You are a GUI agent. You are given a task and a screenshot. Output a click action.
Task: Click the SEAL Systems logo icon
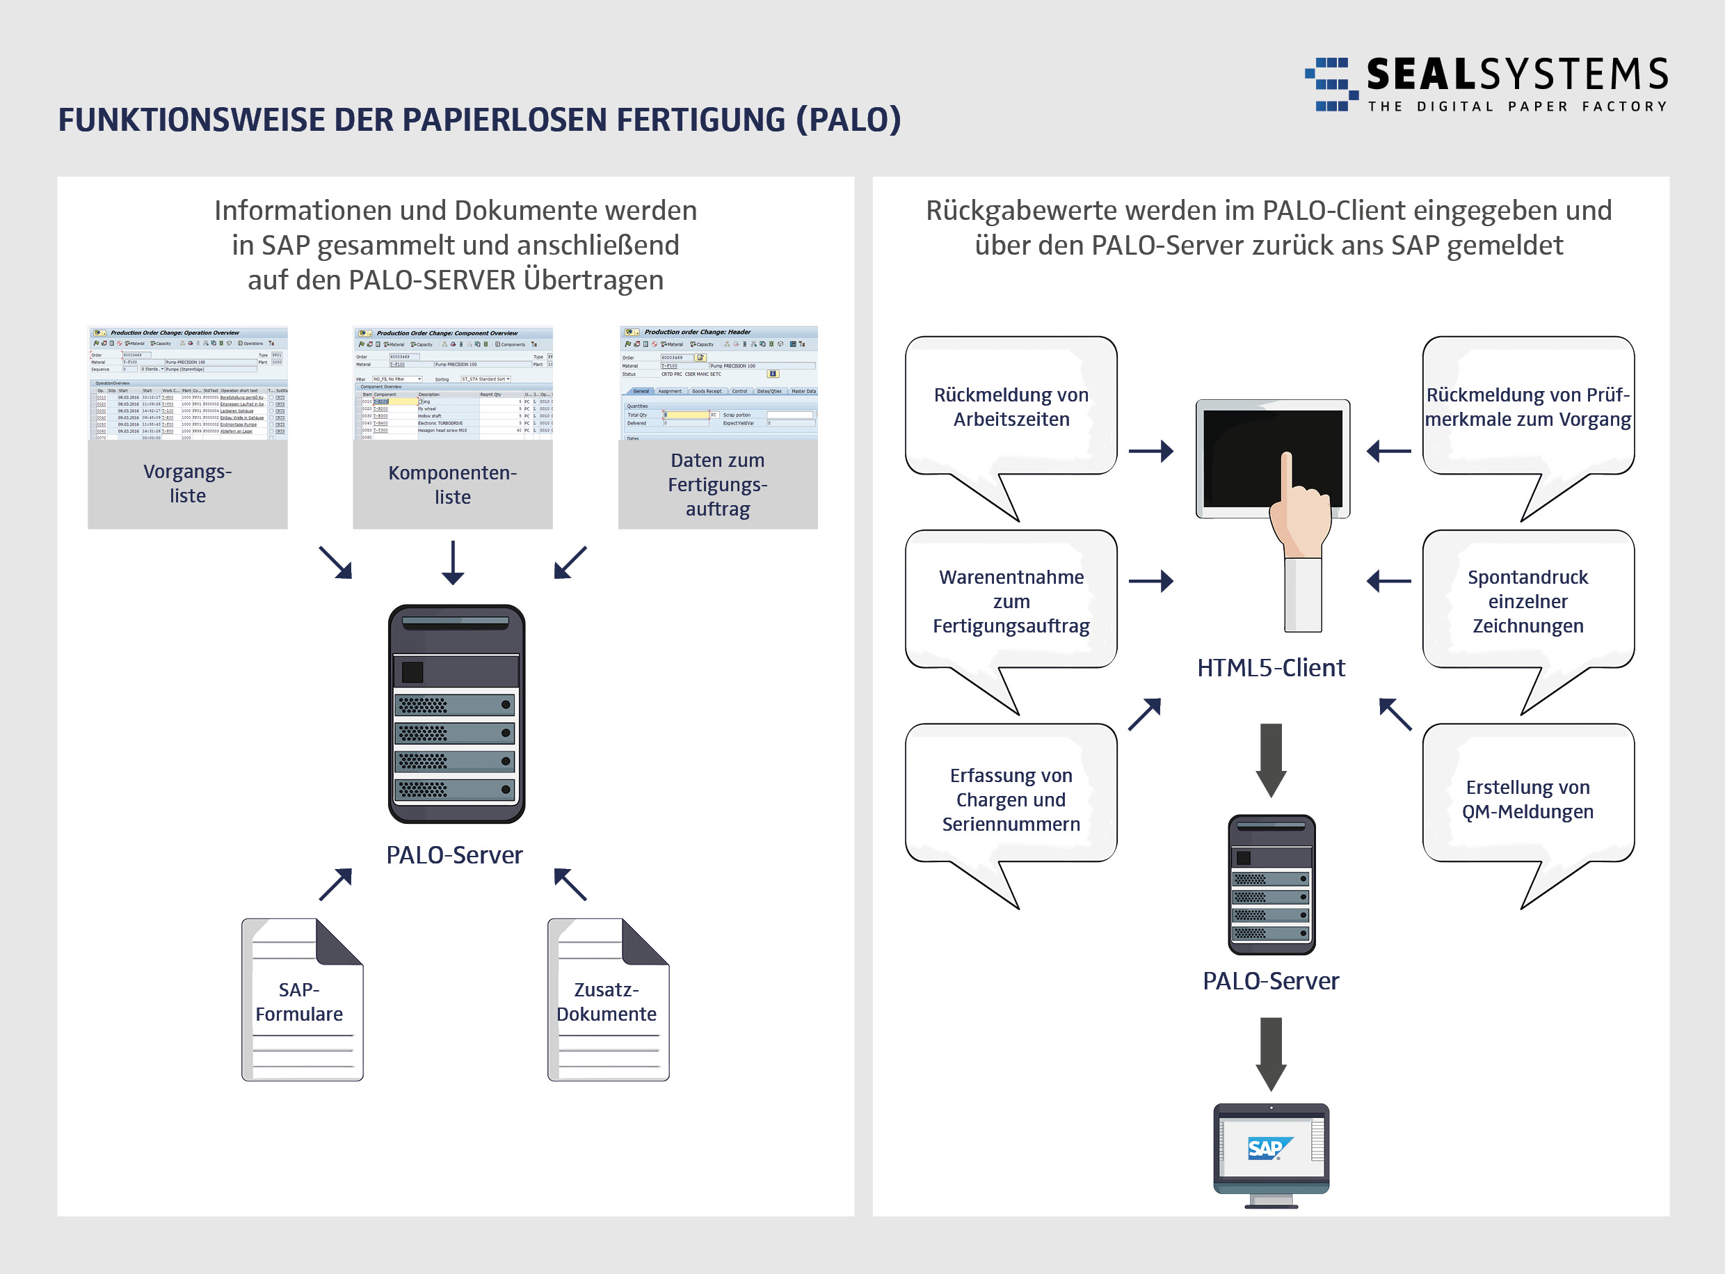tap(1331, 84)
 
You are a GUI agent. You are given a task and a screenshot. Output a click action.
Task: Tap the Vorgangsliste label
tap(187, 484)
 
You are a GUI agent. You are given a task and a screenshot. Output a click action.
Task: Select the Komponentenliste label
tap(452, 484)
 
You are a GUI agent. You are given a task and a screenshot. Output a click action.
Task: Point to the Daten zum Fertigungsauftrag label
tap(718, 484)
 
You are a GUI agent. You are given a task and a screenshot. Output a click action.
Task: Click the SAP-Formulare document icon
tap(302, 999)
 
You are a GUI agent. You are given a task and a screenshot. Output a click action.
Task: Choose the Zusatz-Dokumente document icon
tap(608, 999)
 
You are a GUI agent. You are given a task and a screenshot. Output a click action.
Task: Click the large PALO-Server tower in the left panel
tap(456, 713)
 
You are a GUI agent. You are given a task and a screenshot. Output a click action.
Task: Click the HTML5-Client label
tap(1270, 668)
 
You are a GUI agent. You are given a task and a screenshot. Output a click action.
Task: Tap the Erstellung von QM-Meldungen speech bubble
tap(1527, 799)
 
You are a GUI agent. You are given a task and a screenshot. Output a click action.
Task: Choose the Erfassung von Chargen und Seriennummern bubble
tap(1011, 799)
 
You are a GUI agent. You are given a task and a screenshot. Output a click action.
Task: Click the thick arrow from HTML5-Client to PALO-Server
tap(1271, 760)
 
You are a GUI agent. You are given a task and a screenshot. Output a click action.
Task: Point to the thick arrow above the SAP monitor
tap(1271, 1053)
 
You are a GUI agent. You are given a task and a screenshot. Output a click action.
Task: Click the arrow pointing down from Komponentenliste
tap(452, 562)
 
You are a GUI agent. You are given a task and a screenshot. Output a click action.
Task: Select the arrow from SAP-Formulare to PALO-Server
tap(336, 884)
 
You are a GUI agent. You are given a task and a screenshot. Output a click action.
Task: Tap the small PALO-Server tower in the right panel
tap(1271, 884)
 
